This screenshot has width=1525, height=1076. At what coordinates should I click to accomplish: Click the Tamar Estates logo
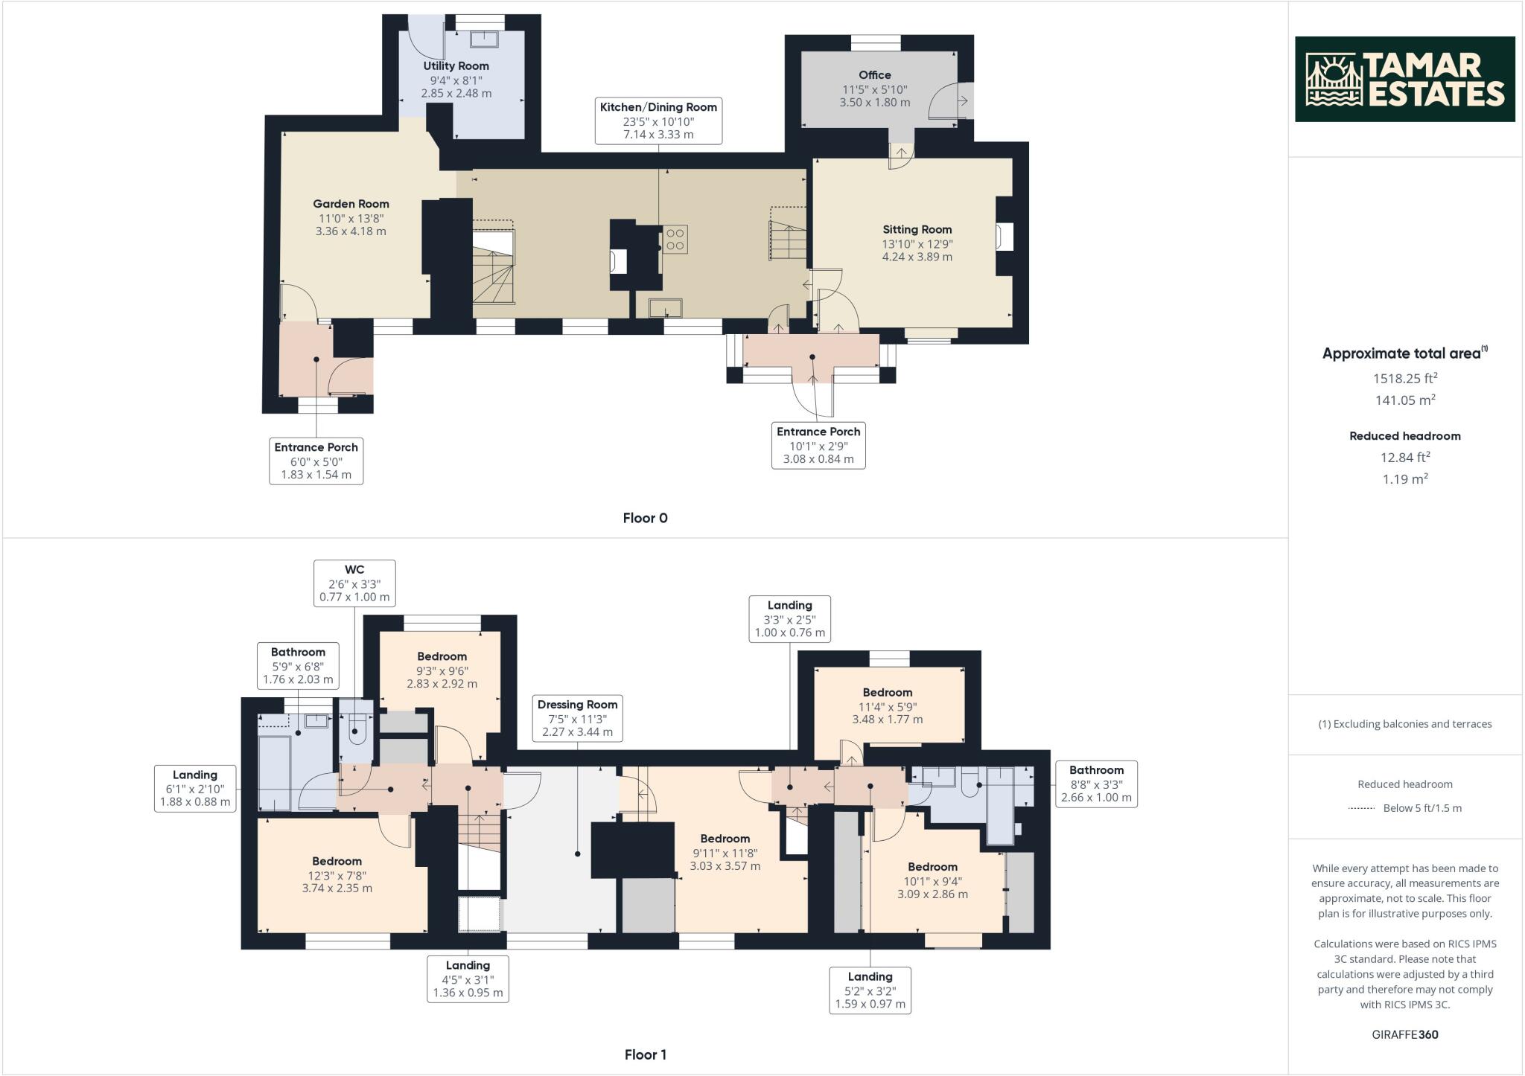coord(1404,79)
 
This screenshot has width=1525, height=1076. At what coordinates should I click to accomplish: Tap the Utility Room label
coord(456,66)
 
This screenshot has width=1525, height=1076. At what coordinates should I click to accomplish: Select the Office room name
coord(874,75)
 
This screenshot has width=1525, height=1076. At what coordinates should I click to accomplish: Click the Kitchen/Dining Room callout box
coord(658,120)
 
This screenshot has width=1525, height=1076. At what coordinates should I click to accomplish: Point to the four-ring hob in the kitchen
coord(675,239)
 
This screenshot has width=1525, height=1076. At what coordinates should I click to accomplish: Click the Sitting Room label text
coord(917,230)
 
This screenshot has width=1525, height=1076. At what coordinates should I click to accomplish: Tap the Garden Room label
coord(351,204)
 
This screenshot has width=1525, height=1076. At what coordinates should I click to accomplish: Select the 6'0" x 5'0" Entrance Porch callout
coord(316,461)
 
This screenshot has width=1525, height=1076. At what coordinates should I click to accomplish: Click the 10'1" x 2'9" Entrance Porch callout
coord(818,445)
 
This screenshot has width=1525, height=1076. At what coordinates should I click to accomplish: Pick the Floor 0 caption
coord(645,518)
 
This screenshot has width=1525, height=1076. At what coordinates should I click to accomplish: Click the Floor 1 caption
coord(645,1054)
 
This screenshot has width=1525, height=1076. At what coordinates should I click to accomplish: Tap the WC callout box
coord(354,583)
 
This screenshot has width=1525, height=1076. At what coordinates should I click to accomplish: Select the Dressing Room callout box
coord(577,718)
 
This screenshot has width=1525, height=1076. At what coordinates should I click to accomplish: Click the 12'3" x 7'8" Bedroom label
coord(337,861)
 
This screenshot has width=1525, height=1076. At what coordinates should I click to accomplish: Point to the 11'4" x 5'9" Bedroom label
coord(887,693)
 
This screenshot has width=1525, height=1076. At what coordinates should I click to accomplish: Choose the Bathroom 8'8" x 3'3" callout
coord(1095,784)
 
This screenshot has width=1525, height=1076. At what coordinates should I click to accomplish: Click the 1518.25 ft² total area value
coord(1404,378)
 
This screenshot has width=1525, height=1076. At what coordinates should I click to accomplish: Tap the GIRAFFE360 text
coord(1404,1034)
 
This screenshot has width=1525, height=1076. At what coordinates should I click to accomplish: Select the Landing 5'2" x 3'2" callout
coord(869,990)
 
